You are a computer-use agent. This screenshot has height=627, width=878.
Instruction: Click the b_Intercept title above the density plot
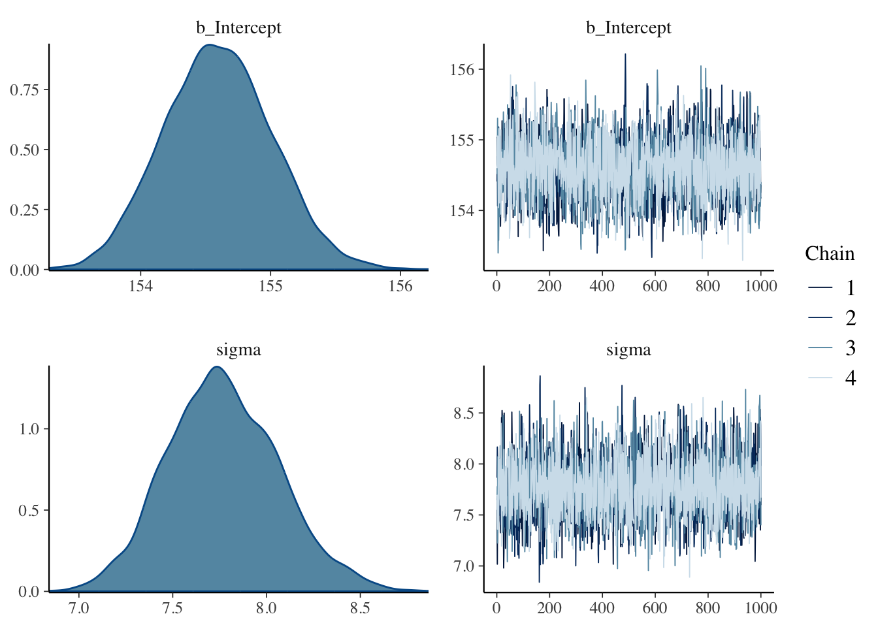[x=238, y=27]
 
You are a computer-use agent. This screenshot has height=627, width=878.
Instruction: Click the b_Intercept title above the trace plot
[x=628, y=27]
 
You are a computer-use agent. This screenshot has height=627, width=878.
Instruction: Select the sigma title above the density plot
[x=238, y=349]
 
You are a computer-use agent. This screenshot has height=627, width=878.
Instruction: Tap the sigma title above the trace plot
[x=628, y=349]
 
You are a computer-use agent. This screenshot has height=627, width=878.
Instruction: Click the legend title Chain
[x=830, y=253]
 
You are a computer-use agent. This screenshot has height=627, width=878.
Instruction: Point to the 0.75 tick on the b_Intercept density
[x=25, y=89]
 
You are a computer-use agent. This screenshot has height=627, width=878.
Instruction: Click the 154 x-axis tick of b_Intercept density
[x=140, y=286]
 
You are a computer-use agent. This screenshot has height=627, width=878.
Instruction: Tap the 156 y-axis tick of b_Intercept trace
[x=463, y=69]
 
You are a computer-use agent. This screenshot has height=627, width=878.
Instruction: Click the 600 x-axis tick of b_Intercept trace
[x=655, y=286]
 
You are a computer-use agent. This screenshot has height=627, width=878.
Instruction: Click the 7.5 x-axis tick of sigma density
[x=172, y=608]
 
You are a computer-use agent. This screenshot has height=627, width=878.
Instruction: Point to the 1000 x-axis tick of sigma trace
[x=760, y=608]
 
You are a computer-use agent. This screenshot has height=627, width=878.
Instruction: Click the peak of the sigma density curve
[x=216, y=367]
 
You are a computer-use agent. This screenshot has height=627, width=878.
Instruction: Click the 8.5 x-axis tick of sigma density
[x=359, y=608]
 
